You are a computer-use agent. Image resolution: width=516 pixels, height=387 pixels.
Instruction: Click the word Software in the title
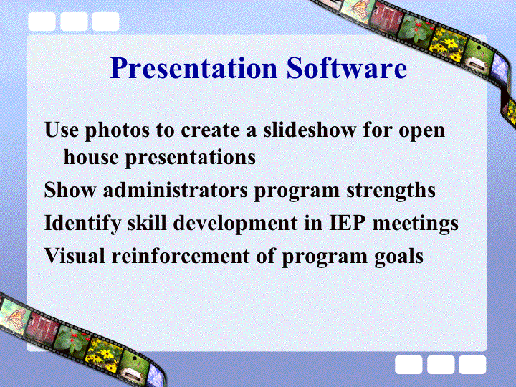pyautogui.click(x=347, y=68)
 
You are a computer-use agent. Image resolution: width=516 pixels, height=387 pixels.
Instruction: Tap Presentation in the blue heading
pyautogui.click(x=193, y=68)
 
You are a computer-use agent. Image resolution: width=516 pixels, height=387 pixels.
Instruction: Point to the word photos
pyautogui.click(x=117, y=131)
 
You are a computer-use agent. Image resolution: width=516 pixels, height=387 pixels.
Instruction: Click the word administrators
pyautogui.click(x=176, y=190)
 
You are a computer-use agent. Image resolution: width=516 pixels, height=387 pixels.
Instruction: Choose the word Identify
pyautogui.click(x=82, y=224)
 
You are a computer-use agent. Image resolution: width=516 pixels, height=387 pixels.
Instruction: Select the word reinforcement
pyautogui.click(x=181, y=255)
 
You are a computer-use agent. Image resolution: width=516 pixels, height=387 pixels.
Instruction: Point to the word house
pyautogui.click(x=91, y=157)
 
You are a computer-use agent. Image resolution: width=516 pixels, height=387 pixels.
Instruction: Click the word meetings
pyautogui.click(x=415, y=224)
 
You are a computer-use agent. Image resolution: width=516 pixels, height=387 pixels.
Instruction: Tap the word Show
pyautogui.click(x=70, y=190)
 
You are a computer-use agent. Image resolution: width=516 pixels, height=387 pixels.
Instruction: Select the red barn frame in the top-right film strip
pyautogui.click(x=386, y=15)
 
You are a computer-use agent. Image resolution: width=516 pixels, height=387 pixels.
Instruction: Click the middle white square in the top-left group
pyautogui.click(x=74, y=21)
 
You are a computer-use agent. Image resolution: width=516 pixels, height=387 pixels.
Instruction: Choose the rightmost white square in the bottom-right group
pyautogui.click(x=472, y=365)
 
